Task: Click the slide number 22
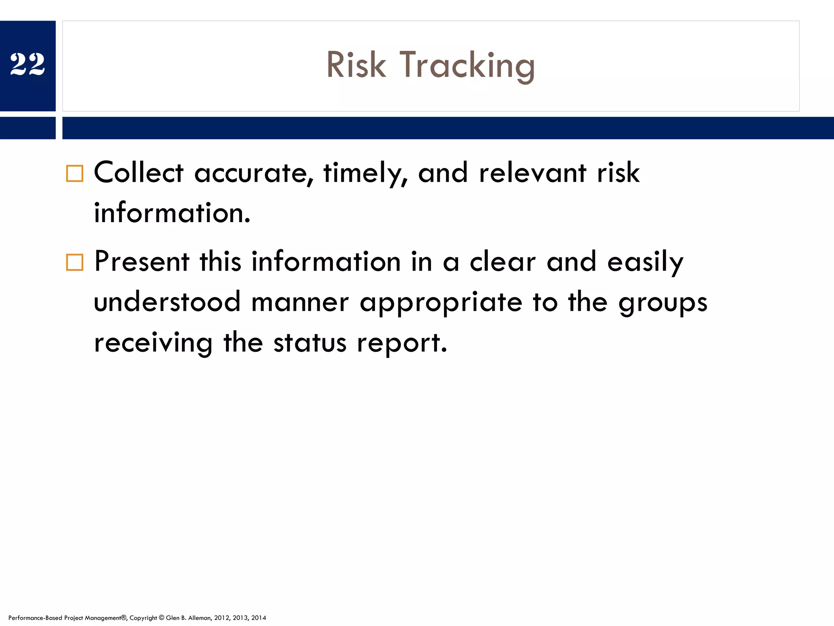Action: (27, 64)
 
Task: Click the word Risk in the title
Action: (356, 65)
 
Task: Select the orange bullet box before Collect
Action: (75, 174)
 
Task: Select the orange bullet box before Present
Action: (75, 262)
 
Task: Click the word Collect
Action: (138, 173)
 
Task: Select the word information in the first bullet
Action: (171, 213)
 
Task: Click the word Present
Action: (141, 262)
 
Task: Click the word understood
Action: (167, 302)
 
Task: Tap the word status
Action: (309, 343)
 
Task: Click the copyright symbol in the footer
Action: (161, 618)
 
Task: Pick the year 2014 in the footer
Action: (259, 618)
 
